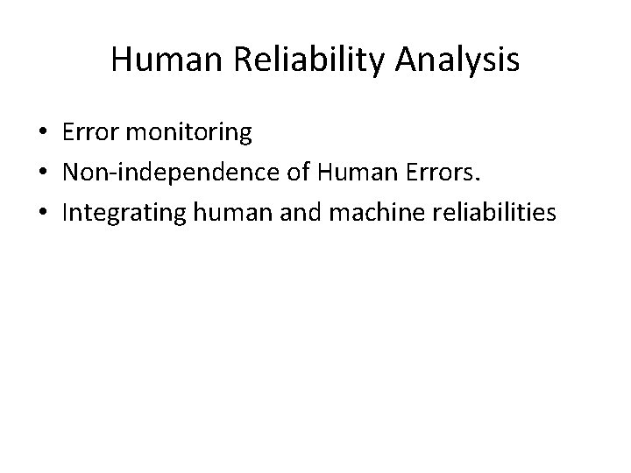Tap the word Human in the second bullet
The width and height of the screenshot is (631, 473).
[x=349, y=173]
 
